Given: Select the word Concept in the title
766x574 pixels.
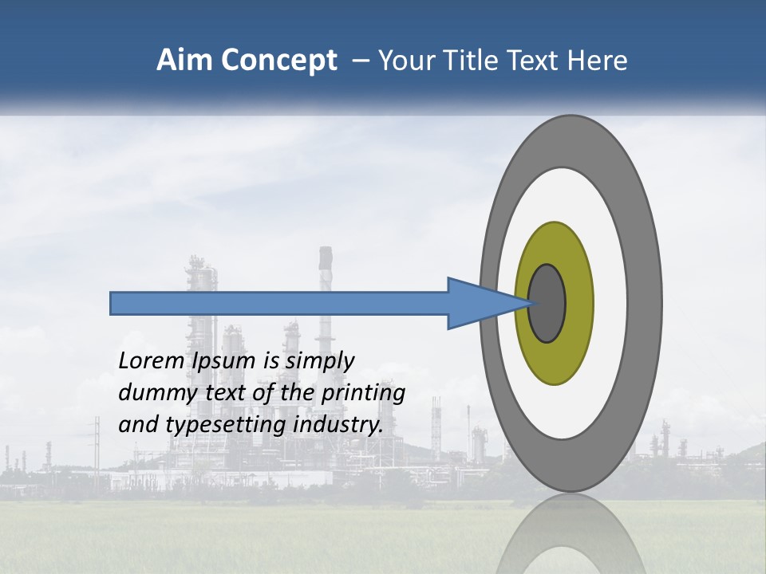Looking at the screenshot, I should pyautogui.click(x=278, y=61).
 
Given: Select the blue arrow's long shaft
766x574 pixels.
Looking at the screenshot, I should pyautogui.click(x=279, y=303).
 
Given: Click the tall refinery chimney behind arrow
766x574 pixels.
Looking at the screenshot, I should pyautogui.click(x=325, y=271).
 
